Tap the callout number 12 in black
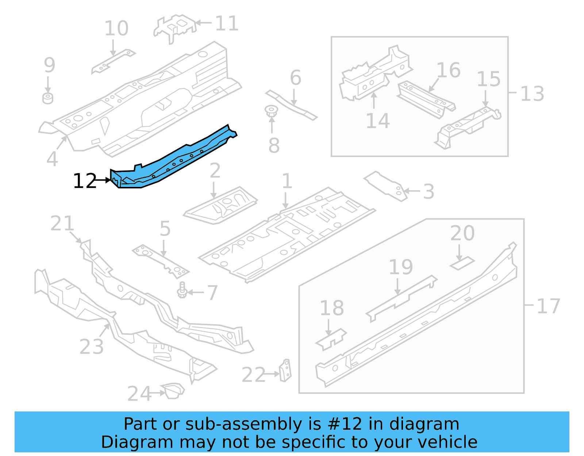click(x=84, y=181)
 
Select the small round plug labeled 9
click(x=48, y=98)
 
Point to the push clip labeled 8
click(x=271, y=111)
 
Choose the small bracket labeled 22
click(x=286, y=370)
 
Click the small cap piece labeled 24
click(x=173, y=391)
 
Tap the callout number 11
click(x=227, y=23)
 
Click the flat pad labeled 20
click(x=462, y=263)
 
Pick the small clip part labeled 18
click(x=331, y=339)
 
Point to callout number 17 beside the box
click(x=548, y=306)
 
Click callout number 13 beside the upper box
click(x=532, y=93)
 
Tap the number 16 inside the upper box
click(x=448, y=70)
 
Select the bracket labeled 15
click(x=467, y=126)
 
